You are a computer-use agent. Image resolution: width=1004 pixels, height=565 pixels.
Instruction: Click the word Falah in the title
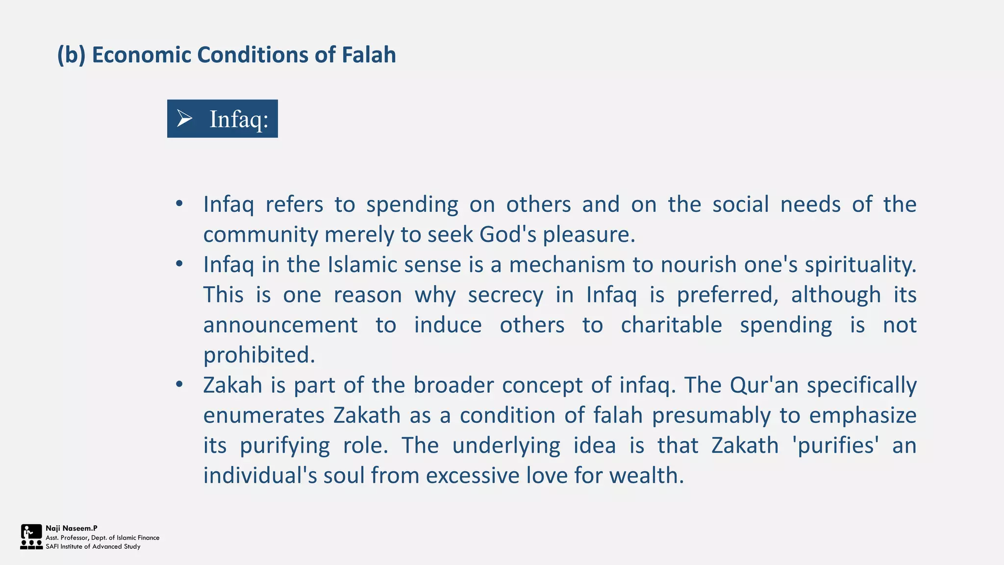(368, 54)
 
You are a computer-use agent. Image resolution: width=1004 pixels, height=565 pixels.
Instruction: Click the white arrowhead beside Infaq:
(184, 118)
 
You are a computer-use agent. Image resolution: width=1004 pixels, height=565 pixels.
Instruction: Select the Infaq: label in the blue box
(239, 119)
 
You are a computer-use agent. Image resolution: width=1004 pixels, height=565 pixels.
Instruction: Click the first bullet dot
(179, 204)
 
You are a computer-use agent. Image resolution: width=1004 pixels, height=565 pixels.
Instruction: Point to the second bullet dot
(179, 264)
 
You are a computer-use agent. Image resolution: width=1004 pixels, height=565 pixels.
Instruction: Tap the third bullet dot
(179, 385)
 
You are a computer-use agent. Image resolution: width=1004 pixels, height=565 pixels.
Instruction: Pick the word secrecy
(505, 295)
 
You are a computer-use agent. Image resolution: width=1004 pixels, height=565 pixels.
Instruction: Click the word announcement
(280, 325)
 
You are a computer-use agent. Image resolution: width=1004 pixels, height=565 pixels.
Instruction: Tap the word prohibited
(259, 355)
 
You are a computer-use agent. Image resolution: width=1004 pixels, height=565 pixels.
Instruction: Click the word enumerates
(264, 415)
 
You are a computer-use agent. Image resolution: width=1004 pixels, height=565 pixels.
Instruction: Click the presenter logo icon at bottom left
(31, 537)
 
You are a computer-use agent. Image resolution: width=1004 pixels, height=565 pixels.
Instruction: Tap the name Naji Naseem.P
(72, 528)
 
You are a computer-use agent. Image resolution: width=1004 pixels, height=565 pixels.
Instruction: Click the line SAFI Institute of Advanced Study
(93, 546)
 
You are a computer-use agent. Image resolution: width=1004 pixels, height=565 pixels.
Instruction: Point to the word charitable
(671, 325)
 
